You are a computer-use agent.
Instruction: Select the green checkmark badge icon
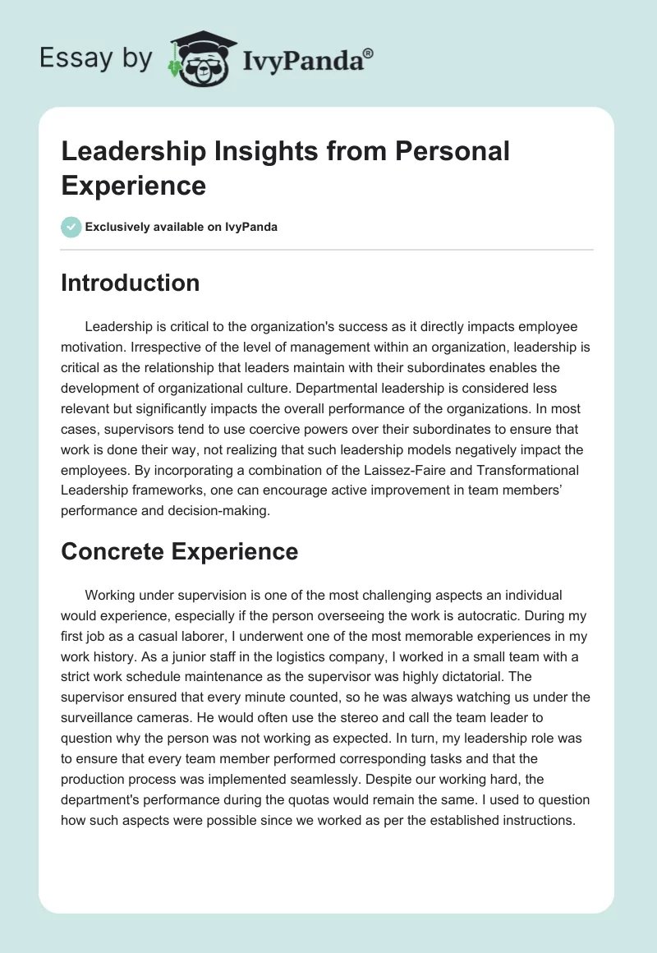(x=71, y=227)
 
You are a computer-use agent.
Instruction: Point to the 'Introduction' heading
(x=131, y=283)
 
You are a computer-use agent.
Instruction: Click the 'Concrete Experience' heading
(x=179, y=552)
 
